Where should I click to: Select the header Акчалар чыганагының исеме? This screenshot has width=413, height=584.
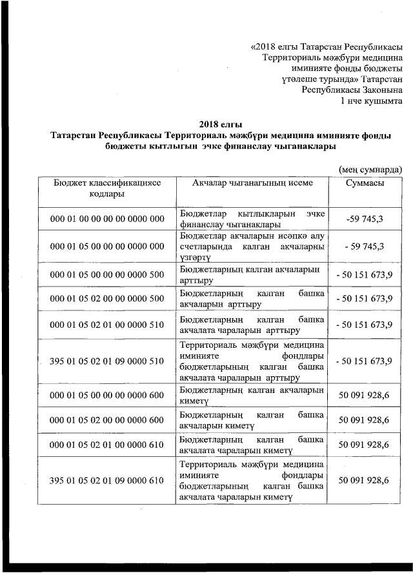point(252,183)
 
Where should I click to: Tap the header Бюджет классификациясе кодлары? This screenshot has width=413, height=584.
point(107,188)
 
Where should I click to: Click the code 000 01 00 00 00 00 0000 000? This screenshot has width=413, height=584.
point(107,219)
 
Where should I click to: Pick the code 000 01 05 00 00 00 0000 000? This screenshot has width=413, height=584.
point(107,247)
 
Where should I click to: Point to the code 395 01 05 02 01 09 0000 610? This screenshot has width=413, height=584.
point(107,481)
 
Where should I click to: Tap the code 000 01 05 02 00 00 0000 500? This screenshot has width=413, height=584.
point(107,298)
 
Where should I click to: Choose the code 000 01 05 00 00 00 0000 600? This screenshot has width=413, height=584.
point(107,396)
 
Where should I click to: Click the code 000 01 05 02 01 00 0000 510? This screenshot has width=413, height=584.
point(107,325)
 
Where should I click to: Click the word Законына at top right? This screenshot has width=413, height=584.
point(379,90)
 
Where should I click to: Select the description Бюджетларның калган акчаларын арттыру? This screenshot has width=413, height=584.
point(251,274)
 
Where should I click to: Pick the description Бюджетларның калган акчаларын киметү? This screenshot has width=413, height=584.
point(251,396)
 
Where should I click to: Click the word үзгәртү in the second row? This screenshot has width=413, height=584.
point(194,257)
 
